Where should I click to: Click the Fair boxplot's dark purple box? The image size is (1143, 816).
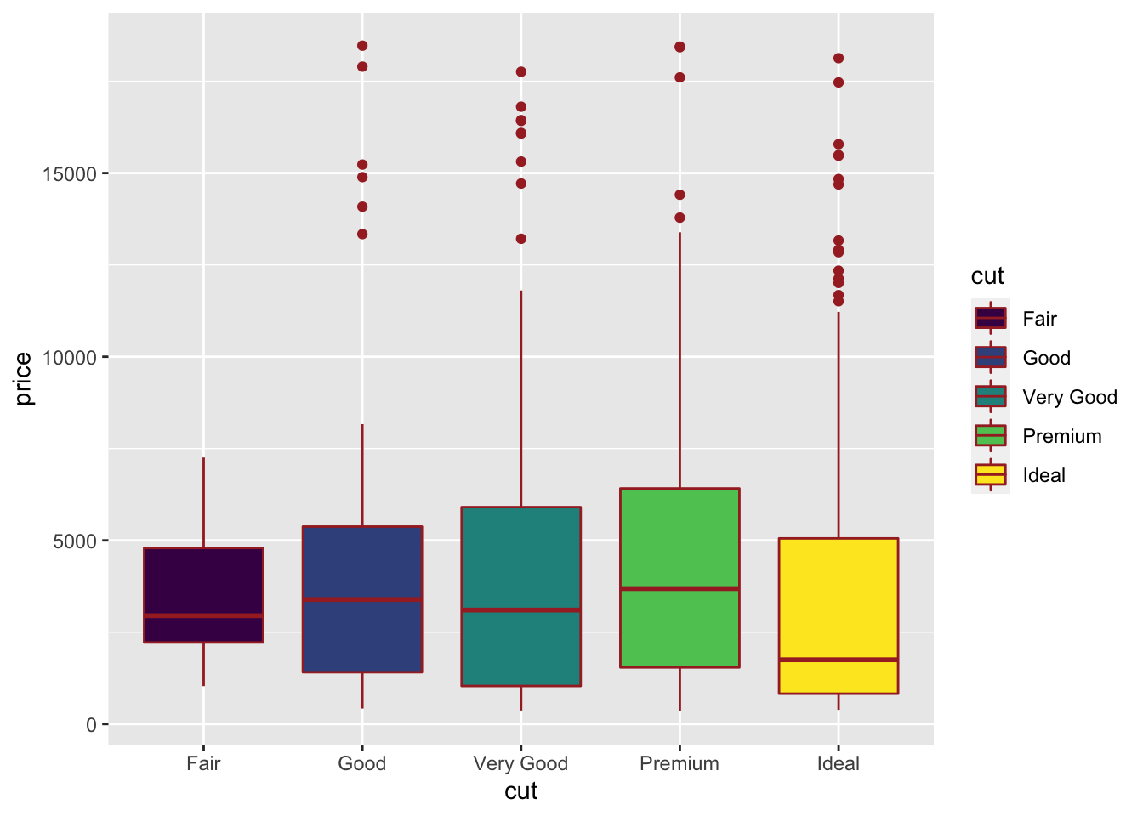pos(203,586)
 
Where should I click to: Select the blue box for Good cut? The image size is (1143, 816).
pos(362,637)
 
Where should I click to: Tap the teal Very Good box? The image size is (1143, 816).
pos(520,561)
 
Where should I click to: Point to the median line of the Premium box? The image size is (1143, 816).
pos(680,588)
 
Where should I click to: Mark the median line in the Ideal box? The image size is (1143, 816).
pos(839,660)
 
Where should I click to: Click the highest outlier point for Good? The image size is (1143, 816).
pos(362,46)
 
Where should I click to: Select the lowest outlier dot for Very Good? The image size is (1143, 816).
pos(521,239)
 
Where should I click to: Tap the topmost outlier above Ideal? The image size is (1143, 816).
pos(839,59)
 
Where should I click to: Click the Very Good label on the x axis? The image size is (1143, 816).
pos(520,764)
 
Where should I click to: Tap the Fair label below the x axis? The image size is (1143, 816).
pos(203,764)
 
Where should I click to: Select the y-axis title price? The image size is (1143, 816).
pos(24,378)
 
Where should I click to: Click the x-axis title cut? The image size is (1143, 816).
pos(520,792)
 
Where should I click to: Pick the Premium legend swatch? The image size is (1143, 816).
pos(991,436)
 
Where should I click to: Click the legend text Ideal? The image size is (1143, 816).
pos(1043,475)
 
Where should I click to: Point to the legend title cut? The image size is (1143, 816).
pos(987,276)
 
